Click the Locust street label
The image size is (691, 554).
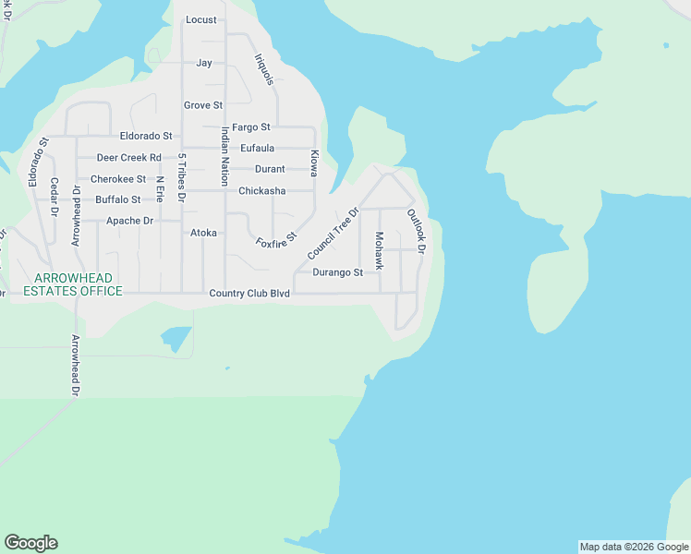coord(200,19)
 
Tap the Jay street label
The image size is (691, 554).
coord(204,63)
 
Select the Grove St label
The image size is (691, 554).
coord(203,106)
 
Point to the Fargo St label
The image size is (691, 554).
coord(250,127)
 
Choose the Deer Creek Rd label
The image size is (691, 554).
coord(129,158)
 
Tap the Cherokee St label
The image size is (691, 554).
coord(118,179)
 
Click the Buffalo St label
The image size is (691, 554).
coord(118,199)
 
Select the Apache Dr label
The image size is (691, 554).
coord(129,221)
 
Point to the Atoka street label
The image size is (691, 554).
coord(203,234)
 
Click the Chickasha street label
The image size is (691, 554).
coord(262,191)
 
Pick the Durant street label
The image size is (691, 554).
coord(270,169)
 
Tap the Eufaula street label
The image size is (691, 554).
coord(258,148)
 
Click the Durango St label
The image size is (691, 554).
coord(337,272)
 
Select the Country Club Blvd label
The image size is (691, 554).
coord(249,294)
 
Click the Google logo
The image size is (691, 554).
coord(30,543)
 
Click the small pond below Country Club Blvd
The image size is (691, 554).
coord(175,338)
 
